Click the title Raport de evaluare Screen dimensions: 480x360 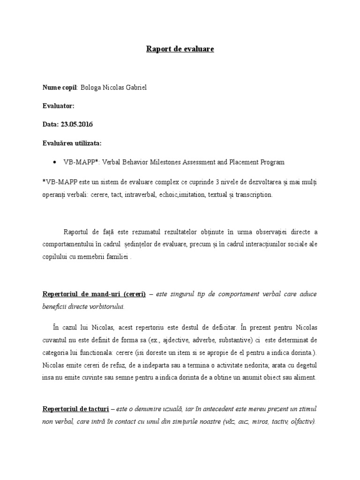pyautogui.click(x=180, y=49)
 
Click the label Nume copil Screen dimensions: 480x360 pyautogui.click(x=60, y=88)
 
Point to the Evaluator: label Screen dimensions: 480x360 pyautogui.click(x=58, y=106)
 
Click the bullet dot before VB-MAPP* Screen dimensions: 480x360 pyautogui.click(x=55, y=162)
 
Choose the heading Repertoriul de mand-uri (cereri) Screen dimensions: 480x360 pyautogui.click(x=94, y=294)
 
